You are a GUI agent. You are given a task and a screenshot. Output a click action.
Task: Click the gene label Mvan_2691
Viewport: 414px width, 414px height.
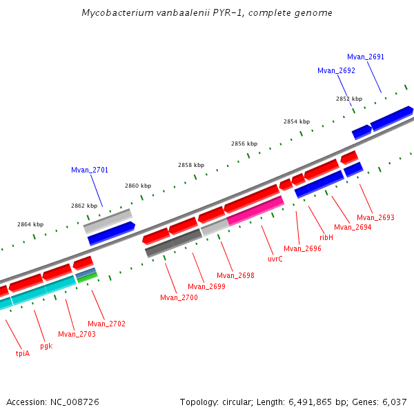click(x=366, y=57)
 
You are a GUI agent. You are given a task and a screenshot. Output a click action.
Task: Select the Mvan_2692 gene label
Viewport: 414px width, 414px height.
click(x=336, y=70)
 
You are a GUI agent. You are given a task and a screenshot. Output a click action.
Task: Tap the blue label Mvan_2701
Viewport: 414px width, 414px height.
click(x=90, y=170)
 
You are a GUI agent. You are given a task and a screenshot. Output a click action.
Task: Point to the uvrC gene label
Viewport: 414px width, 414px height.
click(x=275, y=259)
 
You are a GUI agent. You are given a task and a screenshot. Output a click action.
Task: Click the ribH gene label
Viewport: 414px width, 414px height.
click(x=326, y=237)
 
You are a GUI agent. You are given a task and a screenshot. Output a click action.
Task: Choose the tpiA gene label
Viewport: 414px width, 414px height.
click(x=23, y=353)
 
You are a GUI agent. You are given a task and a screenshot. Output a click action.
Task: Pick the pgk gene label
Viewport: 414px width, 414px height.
click(x=46, y=346)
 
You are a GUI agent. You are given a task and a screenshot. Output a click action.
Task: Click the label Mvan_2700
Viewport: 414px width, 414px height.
click(x=179, y=297)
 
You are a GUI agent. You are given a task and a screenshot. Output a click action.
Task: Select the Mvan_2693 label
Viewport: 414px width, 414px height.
click(x=375, y=217)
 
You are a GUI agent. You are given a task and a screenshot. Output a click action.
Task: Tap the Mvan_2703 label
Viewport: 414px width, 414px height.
click(x=77, y=334)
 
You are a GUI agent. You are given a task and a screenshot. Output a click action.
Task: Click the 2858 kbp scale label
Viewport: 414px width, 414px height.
click(x=191, y=165)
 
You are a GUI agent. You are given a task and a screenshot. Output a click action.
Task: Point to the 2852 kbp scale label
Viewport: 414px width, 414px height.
click(x=349, y=99)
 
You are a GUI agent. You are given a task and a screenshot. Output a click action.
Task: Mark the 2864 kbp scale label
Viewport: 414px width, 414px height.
click(x=30, y=224)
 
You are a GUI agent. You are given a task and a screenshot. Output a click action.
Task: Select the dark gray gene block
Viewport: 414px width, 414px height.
click(x=173, y=243)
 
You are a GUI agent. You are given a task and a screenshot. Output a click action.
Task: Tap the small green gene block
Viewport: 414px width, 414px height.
click(x=87, y=278)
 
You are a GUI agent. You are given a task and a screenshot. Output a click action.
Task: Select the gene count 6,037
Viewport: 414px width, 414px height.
click(x=394, y=402)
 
